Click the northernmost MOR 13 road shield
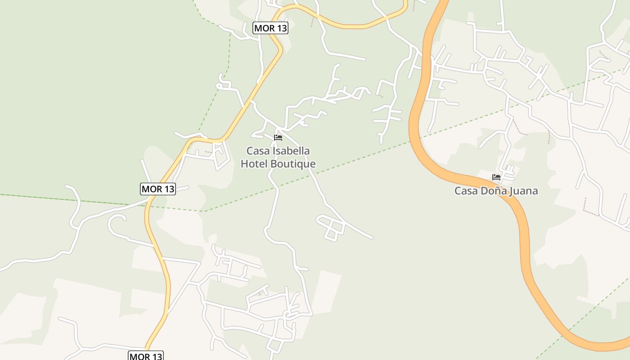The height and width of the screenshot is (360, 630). [x=270, y=28]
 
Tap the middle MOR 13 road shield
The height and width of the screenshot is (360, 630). [x=157, y=189]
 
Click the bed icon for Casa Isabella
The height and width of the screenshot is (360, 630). [x=278, y=138]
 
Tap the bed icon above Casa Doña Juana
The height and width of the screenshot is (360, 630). [x=496, y=177]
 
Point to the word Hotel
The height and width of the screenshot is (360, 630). [x=255, y=164]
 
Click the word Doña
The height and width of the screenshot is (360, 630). [x=493, y=191]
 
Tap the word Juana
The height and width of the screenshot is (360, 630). [x=523, y=191]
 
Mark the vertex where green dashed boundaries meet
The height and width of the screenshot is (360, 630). [x=205, y=211]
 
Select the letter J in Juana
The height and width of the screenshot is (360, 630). [x=511, y=191]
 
